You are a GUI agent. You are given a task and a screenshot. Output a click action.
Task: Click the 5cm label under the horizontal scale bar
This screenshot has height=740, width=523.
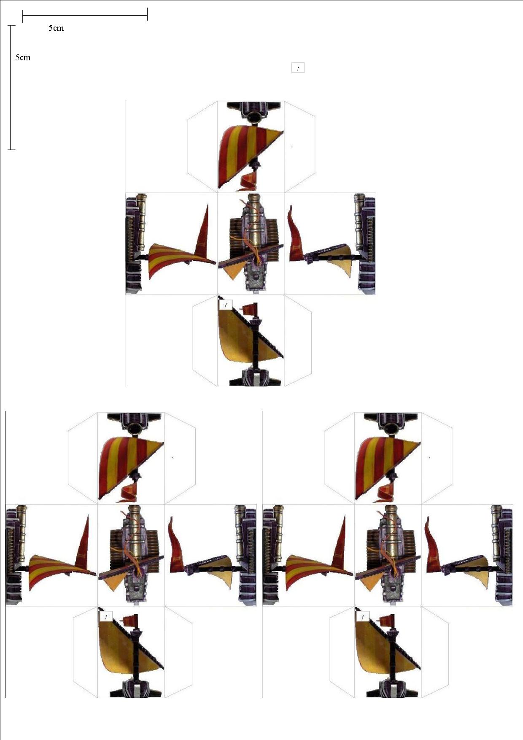[x=56, y=28]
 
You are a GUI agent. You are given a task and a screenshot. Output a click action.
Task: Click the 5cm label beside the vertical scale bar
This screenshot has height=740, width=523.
[x=23, y=58]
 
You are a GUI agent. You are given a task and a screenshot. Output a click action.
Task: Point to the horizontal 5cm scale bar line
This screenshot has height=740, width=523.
[x=85, y=16]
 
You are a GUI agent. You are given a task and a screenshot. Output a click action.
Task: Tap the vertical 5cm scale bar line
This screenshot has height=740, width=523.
[x=12, y=87]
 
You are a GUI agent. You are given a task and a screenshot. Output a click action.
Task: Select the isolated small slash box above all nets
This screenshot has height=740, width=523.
[x=298, y=68]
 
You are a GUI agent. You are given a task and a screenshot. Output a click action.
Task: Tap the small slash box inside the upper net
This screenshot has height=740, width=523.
[x=226, y=304]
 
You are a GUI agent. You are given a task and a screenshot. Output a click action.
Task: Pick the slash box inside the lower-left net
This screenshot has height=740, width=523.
[x=106, y=616]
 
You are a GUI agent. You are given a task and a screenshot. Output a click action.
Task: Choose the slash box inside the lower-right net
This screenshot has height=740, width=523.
[x=363, y=616]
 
